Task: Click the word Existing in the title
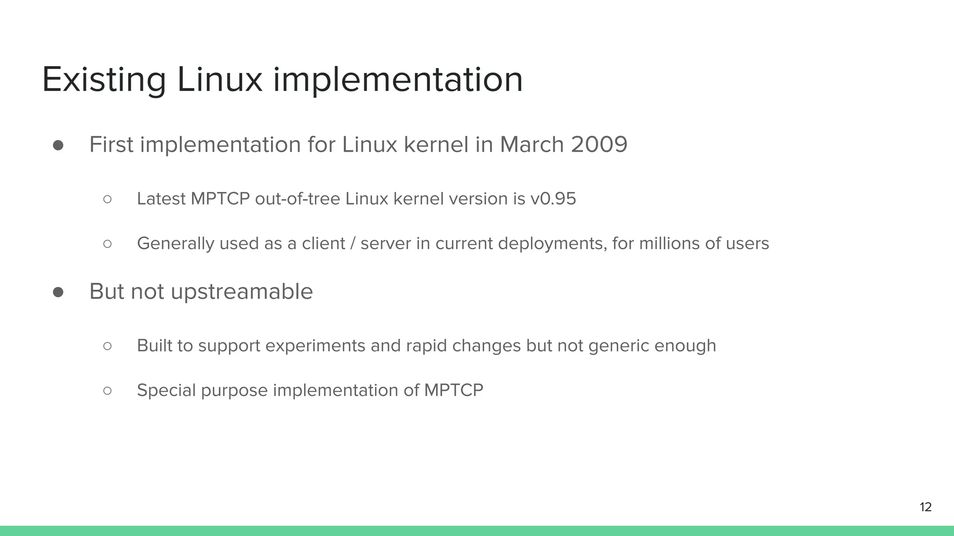tap(104, 80)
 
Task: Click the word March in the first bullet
tap(532, 144)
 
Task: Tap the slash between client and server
tap(353, 243)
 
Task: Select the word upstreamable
tap(242, 292)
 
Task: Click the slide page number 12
tap(926, 507)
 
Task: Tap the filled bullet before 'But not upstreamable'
tap(58, 292)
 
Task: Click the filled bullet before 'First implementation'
tap(58, 145)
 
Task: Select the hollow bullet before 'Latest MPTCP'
tap(108, 199)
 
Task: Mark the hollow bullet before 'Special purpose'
tap(108, 390)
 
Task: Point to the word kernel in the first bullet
tap(436, 144)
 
